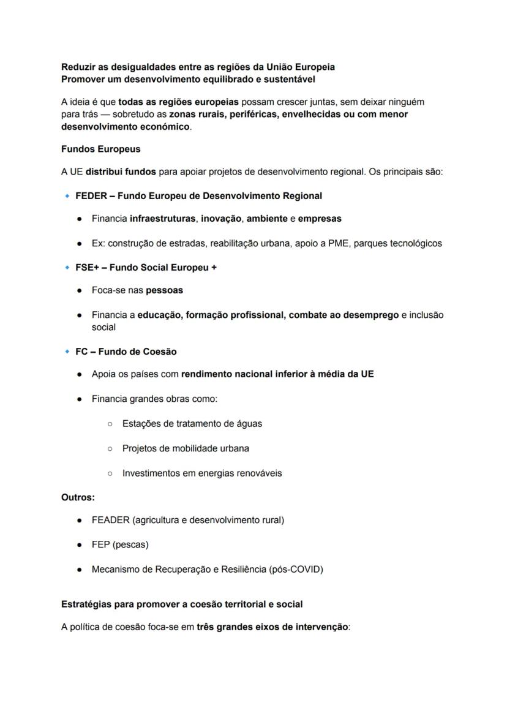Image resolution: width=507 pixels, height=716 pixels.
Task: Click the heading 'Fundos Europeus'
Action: tap(100, 149)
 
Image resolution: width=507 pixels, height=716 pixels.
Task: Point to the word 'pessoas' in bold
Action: tap(164, 290)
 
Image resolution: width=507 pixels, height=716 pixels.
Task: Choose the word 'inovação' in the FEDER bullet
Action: tap(221, 219)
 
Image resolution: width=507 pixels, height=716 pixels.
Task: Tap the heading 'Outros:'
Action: tap(78, 498)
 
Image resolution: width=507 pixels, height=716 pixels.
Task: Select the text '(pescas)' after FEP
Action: tap(130, 545)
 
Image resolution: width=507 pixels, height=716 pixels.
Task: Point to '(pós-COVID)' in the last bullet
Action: tap(296, 569)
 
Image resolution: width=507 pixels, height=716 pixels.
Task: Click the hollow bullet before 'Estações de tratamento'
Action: tap(110, 424)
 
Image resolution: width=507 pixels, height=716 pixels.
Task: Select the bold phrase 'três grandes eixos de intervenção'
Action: tap(272, 627)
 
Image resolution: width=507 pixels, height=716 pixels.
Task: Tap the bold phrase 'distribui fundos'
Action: tap(121, 172)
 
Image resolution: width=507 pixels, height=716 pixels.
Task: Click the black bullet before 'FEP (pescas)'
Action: tap(80, 545)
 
